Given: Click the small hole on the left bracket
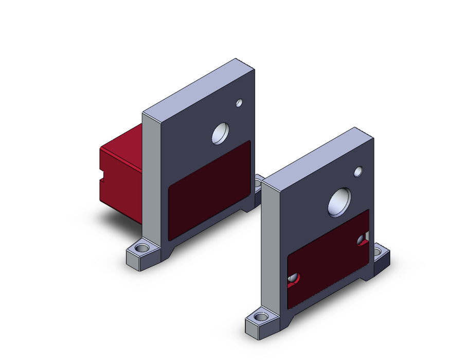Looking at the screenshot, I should (x=239, y=103).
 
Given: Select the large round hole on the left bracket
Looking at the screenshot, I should (x=221, y=134).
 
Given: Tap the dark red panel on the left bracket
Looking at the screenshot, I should (x=209, y=190).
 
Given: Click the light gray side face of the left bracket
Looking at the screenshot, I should (x=152, y=180).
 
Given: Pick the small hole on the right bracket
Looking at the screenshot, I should (x=358, y=171).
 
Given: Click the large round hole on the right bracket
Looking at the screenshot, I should (x=340, y=202).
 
